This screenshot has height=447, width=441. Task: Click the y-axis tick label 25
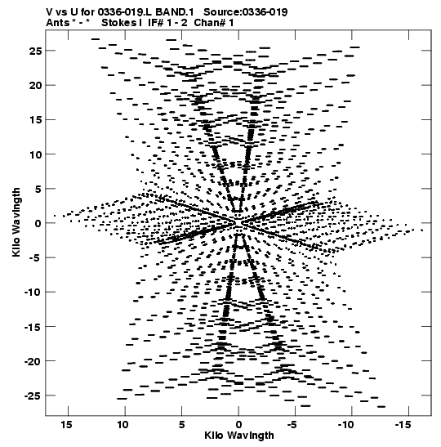[35, 51]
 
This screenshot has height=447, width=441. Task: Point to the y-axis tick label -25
[33, 396]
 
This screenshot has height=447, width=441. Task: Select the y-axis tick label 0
[38, 223]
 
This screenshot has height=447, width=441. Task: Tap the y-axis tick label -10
[33, 293]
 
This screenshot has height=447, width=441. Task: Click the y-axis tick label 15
[35, 120]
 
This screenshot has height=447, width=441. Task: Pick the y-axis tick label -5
[35, 258]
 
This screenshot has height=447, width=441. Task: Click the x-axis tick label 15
[66, 425]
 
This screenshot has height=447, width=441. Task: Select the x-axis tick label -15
[403, 425]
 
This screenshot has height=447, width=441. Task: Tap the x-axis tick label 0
[238, 425]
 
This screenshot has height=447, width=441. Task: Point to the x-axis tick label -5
[292, 425]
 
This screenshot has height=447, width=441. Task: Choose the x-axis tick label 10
[123, 425]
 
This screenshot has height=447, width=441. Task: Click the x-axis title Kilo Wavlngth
[239, 436]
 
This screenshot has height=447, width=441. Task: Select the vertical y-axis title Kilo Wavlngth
[16, 222]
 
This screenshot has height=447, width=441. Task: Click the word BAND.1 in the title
[175, 12]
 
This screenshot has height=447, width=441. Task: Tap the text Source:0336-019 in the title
[246, 12]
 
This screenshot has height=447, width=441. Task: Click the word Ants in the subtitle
[57, 23]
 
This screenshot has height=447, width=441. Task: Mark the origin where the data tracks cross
[238, 222]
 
